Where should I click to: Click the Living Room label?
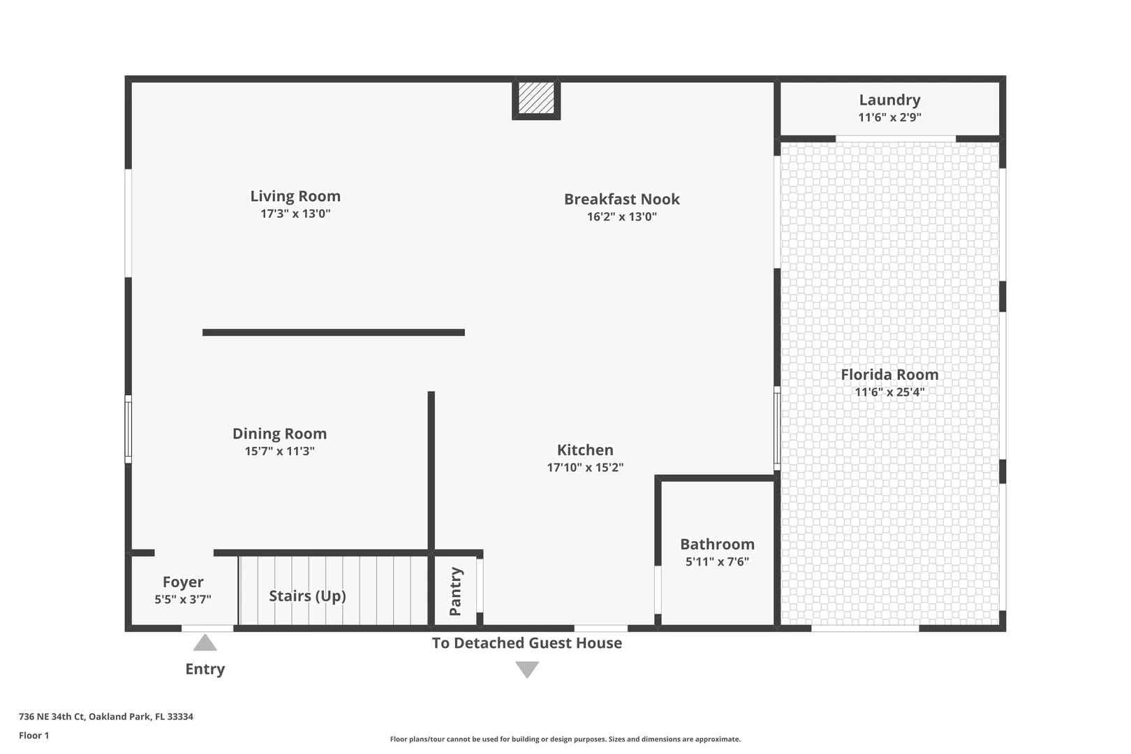coord(295,196)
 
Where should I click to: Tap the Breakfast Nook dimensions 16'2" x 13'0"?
coord(621,216)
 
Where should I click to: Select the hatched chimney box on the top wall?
coord(536,98)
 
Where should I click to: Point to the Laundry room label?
coord(889,100)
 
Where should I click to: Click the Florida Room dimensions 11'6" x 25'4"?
coord(889,392)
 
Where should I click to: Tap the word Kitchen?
coord(585,450)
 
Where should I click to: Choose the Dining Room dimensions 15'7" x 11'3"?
coord(280,451)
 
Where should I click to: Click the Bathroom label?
coord(717,545)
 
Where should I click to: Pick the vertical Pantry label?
coord(455,591)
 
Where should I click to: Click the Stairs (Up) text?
coord(307,596)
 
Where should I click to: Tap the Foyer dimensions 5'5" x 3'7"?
coord(183,600)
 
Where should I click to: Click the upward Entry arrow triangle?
coord(205,642)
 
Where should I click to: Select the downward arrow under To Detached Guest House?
coord(527,670)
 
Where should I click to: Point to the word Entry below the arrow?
coord(205,669)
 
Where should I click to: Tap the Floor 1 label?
coord(34,736)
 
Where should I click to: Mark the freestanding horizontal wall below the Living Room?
coord(334,332)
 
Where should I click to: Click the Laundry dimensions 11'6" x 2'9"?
coord(889,117)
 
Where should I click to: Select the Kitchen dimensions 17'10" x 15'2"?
coord(585,468)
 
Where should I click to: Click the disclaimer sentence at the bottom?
coord(565,739)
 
